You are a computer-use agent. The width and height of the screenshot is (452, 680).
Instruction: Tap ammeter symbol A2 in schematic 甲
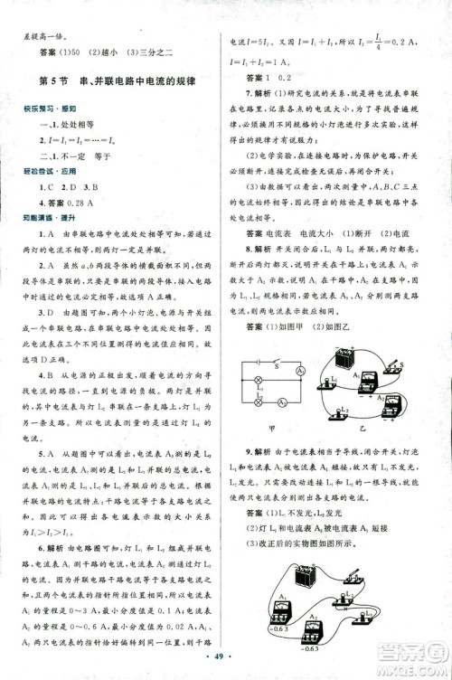pyautogui.click(x=282, y=402)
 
